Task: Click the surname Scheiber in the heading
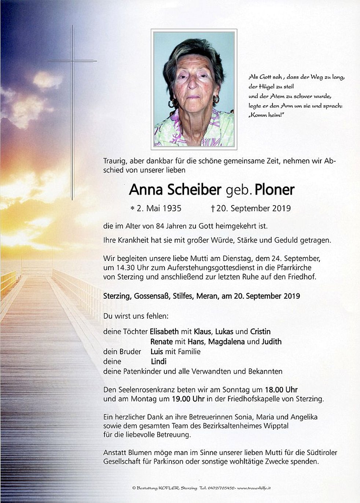point(194,190)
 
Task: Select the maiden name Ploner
point(275,190)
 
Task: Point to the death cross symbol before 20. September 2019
point(213,208)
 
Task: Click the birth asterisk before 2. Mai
point(132,209)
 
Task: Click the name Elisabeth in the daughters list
point(164,332)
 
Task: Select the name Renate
point(161,341)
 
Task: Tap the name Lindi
point(158,361)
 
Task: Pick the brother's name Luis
point(157,352)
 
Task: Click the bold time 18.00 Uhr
point(276,389)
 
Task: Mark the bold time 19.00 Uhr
point(188,399)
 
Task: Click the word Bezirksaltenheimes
point(237,426)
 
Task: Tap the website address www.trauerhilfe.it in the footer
point(254,488)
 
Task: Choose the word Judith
point(272,341)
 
